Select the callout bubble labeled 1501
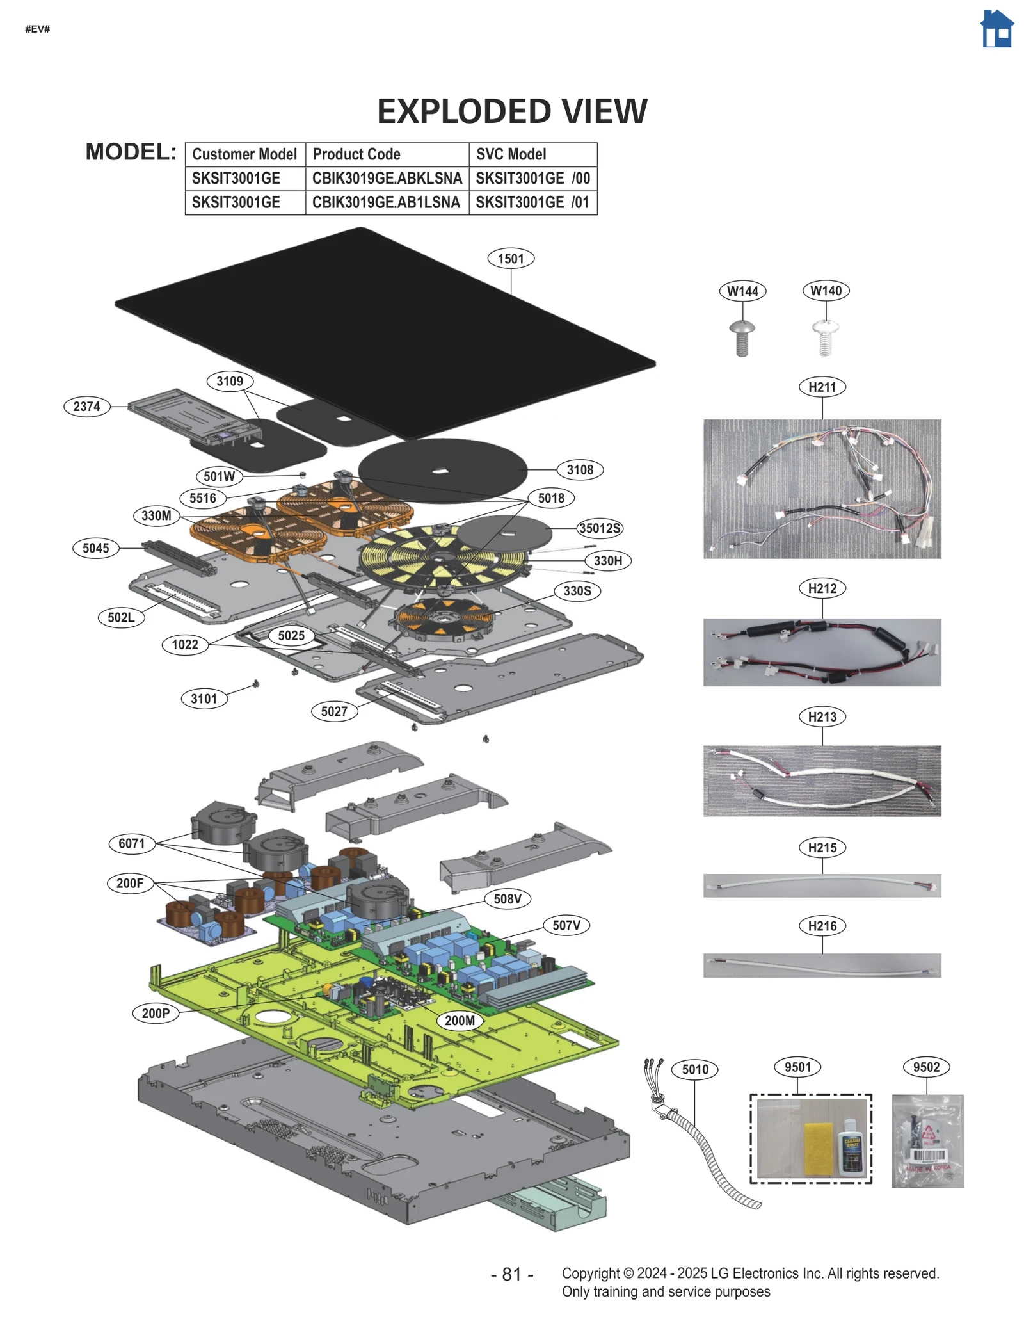[510, 259]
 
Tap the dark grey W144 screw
[742, 337]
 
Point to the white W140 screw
[825, 337]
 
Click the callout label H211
[822, 387]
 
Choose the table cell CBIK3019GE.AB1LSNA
[386, 202]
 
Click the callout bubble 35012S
[599, 528]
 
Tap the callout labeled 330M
[156, 515]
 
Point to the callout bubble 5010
[694, 1069]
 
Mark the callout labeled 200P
[156, 1013]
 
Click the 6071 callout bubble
[131, 843]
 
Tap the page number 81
[511, 1274]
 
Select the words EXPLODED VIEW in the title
[511, 111]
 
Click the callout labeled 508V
[507, 898]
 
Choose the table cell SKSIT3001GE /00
[532, 178]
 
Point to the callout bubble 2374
[86, 406]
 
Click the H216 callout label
[822, 926]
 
